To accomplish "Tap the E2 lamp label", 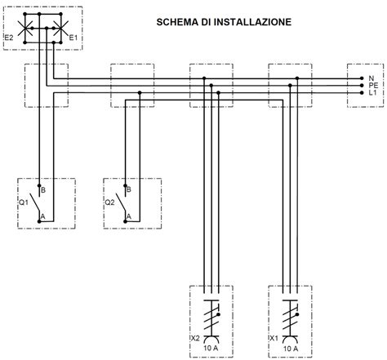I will pos(10,38).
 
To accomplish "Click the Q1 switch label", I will pos(23,201).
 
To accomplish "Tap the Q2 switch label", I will pos(109,201).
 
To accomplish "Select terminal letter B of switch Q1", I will pos(42,189).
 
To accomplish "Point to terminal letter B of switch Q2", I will pos(128,189).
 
